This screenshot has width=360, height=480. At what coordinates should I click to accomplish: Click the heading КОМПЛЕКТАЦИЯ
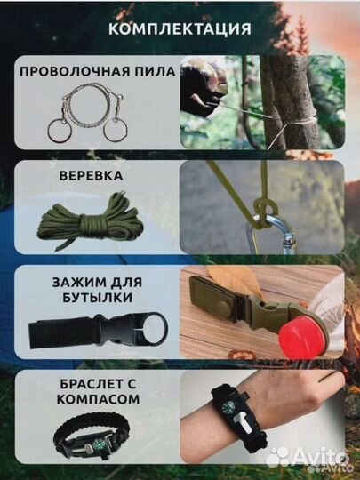pos(179,28)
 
